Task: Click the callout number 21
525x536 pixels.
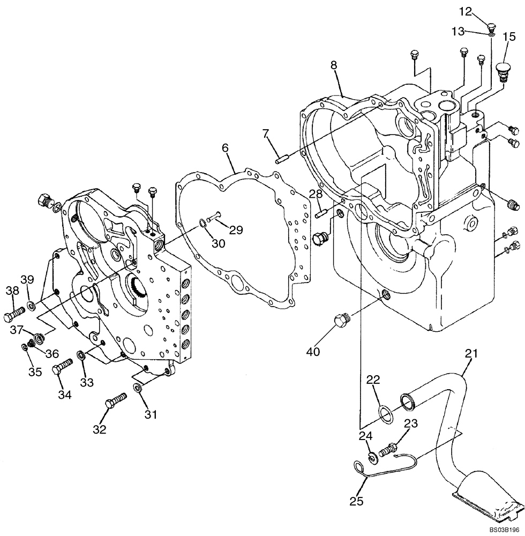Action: (x=471, y=354)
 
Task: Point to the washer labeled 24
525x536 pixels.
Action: (x=370, y=457)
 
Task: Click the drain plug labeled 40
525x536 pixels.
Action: (x=341, y=322)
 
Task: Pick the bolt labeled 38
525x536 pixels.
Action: (x=14, y=312)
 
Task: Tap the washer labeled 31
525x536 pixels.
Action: (x=138, y=388)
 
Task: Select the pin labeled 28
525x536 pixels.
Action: (x=321, y=212)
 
